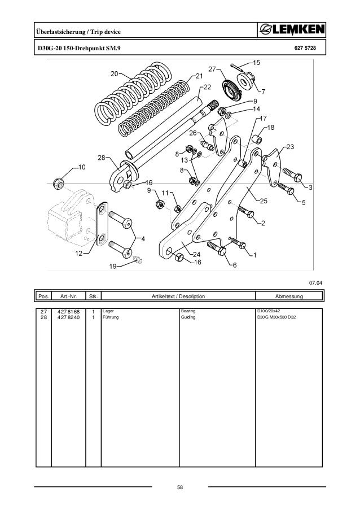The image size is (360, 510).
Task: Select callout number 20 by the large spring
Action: point(114,74)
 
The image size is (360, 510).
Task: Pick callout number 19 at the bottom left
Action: point(113,266)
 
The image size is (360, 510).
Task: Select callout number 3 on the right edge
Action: point(310,186)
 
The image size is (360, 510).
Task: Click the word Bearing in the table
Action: point(188,311)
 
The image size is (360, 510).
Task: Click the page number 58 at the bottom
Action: point(180,487)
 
